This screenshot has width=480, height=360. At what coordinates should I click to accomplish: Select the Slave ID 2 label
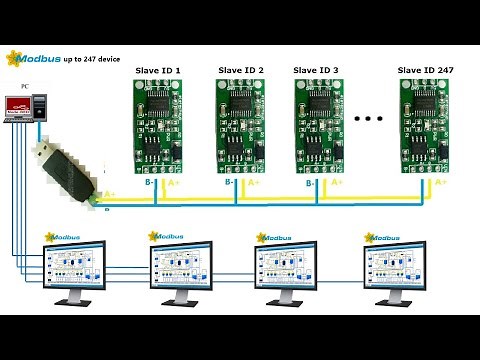[240, 70]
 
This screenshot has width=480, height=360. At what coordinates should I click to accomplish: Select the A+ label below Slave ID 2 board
[254, 182]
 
